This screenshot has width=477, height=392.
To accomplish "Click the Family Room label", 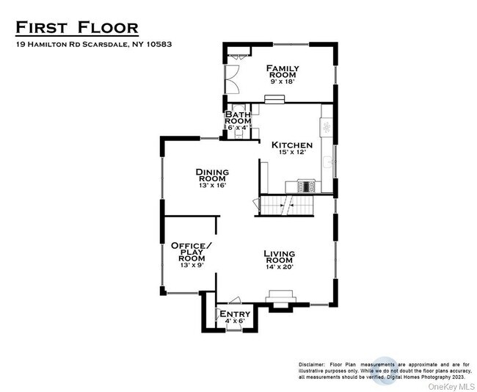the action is pyautogui.click(x=283, y=71).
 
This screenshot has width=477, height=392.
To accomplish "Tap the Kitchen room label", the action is pyautogui.click(x=292, y=145).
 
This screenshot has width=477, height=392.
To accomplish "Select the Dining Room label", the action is pyautogui.click(x=212, y=175).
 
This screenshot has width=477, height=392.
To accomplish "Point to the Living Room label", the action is pyautogui.click(x=279, y=257).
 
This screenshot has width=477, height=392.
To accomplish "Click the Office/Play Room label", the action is pyautogui.click(x=192, y=252).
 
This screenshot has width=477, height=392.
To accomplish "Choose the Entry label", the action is pyautogui.click(x=235, y=313).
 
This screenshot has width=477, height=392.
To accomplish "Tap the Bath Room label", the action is pyautogui.click(x=238, y=117).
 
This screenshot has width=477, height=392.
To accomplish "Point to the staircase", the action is pyautogui.click(x=287, y=206).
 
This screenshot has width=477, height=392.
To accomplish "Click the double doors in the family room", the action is pyautogui.click(x=232, y=79).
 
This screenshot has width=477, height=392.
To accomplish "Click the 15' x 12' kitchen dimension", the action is pyautogui.click(x=292, y=152).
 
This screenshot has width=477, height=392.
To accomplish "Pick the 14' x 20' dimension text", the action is pyautogui.click(x=280, y=267).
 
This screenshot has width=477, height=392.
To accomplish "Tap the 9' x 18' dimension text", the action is pyautogui.click(x=283, y=81).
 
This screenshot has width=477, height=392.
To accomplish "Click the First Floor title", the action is pyautogui.click(x=77, y=27).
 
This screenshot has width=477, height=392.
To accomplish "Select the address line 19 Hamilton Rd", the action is pyautogui.click(x=94, y=45).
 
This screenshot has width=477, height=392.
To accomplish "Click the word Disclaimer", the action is pyautogui.click(x=311, y=364).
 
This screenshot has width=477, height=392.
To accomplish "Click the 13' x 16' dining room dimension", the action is pyautogui.click(x=212, y=185).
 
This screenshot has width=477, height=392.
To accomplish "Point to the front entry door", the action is pyautogui.click(x=234, y=329).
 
